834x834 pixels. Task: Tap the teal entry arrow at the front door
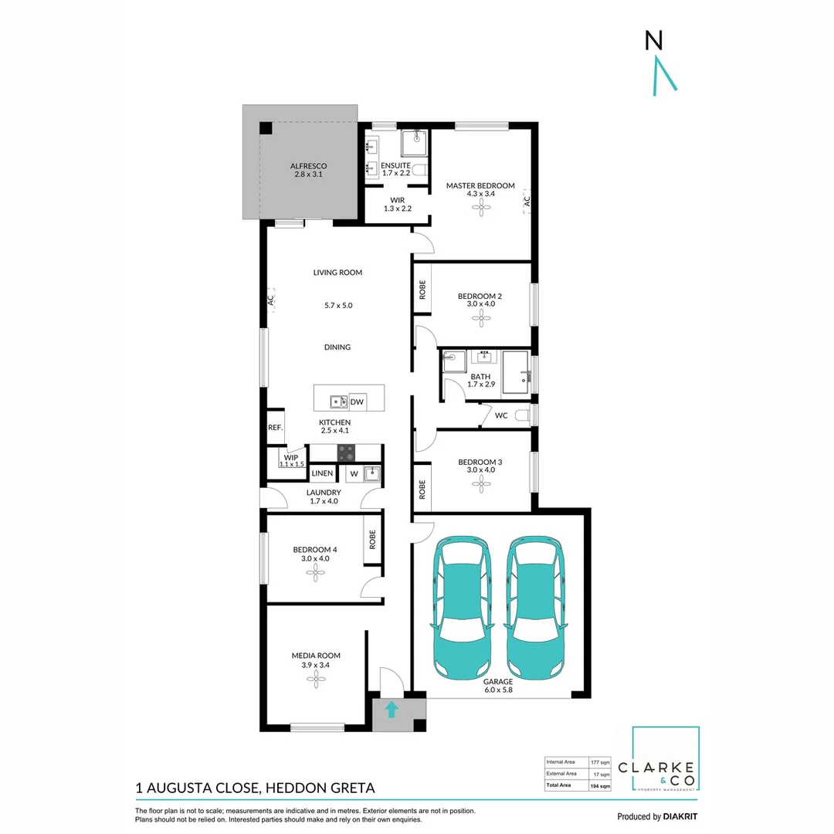click(392, 709)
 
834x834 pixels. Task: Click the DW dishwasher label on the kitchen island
click(357, 402)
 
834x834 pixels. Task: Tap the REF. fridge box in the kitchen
click(275, 427)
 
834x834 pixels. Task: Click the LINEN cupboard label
click(323, 473)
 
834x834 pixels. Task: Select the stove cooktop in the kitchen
click(346, 453)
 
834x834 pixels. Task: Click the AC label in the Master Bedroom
click(527, 200)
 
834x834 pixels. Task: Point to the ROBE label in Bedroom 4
click(372, 538)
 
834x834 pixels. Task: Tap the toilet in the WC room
click(524, 415)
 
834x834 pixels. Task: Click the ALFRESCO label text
click(308, 166)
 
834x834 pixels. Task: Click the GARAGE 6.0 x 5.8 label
click(498, 686)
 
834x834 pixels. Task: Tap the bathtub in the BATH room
click(515, 372)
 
